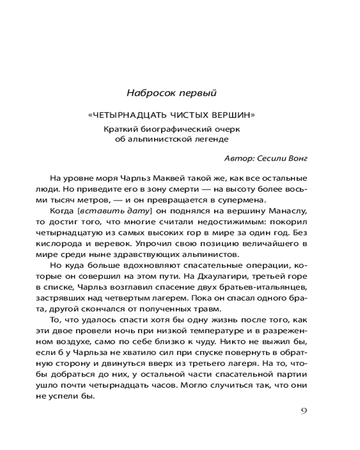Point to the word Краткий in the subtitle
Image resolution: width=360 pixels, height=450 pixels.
click(x=118, y=129)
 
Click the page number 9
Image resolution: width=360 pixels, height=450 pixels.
click(x=303, y=411)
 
